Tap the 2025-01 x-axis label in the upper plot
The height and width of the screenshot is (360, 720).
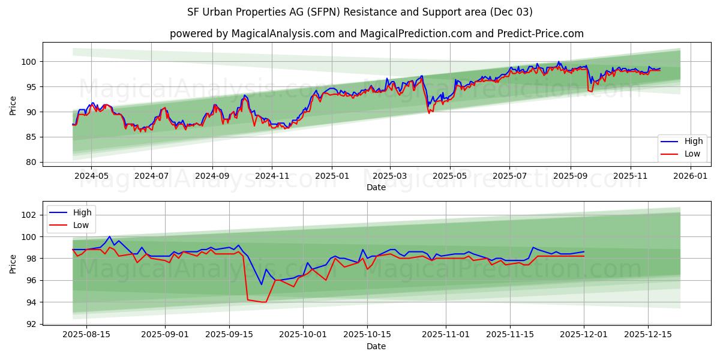[x=331, y=176]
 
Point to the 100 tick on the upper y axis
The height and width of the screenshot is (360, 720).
[x=31, y=62]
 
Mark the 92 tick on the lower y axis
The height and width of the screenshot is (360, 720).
[x=33, y=324]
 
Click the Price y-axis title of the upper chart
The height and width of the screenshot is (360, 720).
[x=13, y=105]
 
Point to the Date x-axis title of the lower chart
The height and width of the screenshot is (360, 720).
[x=376, y=346]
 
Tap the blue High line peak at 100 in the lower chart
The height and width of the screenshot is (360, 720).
[x=109, y=236]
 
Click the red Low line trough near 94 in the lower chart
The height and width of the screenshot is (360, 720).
[x=265, y=302]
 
